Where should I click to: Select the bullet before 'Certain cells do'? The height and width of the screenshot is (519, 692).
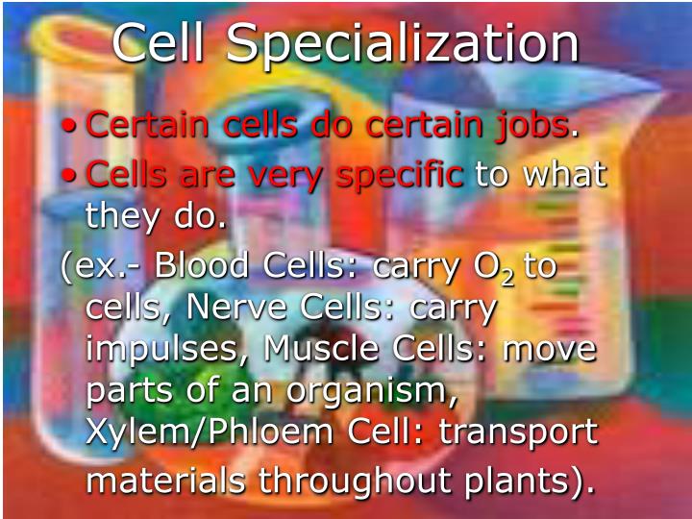pos(69,126)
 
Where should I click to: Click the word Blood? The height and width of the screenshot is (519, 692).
pos(201,265)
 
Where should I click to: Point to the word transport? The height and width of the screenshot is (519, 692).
pos(518,434)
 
